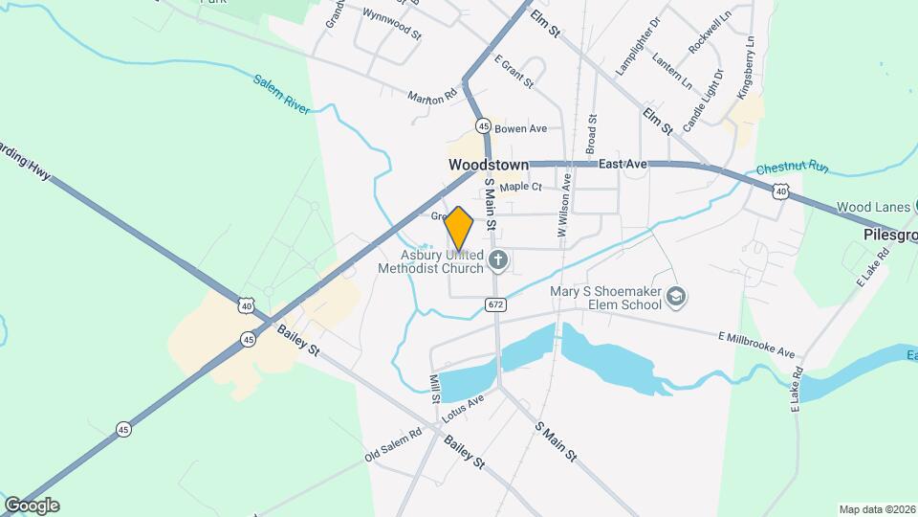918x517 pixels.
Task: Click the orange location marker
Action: tap(459, 229)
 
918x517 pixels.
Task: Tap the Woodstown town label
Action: tap(489, 166)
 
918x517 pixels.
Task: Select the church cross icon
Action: tap(497, 259)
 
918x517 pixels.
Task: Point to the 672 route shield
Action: tap(494, 304)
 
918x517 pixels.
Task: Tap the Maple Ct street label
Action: tap(520, 187)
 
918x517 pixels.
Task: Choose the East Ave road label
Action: tap(623, 165)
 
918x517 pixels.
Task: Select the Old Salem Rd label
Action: tap(393, 447)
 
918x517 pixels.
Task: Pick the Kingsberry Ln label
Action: tap(747, 68)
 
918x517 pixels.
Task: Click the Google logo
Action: tap(32, 506)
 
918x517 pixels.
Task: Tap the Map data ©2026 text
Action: tap(875, 509)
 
